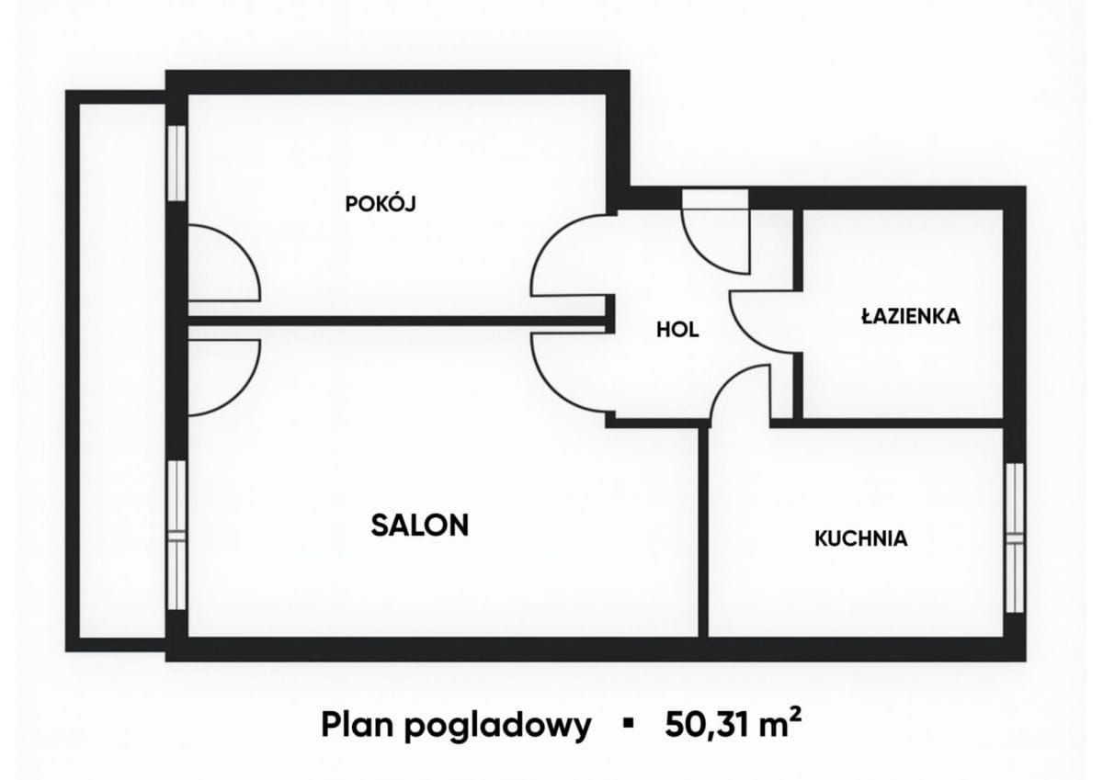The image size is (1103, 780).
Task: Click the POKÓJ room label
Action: click(381, 204)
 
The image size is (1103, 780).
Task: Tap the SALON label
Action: click(420, 525)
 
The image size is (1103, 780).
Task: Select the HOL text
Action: click(677, 329)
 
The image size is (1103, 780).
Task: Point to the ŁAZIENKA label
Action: click(910, 316)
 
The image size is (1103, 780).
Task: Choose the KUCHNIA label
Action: click(860, 538)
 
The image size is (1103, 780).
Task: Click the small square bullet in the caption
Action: click(629, 724)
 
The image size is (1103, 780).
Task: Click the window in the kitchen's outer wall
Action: click(1014, 537)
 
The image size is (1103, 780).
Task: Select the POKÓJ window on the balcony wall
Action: click(176, 162)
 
